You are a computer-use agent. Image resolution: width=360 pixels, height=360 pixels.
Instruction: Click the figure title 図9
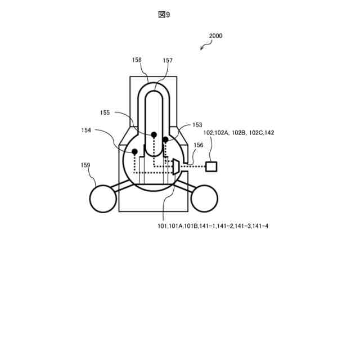click(164, 15)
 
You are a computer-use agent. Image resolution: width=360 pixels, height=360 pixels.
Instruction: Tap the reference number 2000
click(215, 35)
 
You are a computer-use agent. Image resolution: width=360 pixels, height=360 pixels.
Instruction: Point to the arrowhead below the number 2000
click(202, 48)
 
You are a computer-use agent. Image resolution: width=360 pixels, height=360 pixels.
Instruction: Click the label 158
click(137, 60)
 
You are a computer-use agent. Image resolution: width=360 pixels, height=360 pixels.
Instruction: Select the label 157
click(168, 60)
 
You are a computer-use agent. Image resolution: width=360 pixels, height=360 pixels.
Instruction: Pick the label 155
click(105, 112)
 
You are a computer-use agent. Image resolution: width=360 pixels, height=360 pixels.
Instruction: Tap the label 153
click(197, 125)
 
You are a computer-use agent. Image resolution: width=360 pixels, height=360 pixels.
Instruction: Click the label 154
click(86, 130)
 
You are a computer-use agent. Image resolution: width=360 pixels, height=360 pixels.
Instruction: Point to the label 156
click(198, 145)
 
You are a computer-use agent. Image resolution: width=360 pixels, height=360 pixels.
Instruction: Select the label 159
click(85, 165)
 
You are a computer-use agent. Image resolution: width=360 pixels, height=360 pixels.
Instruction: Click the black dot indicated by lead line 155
click(154, 135)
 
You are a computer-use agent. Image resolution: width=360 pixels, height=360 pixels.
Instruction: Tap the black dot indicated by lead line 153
click(166, 139)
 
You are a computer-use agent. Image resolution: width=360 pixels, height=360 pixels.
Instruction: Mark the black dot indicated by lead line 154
click(135, 152)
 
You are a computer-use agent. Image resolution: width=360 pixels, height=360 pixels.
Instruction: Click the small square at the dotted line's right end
click(211, 166)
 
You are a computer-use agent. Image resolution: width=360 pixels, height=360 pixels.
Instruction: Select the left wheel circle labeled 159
click(103, 198)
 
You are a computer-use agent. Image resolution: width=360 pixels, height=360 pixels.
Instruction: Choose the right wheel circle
click(204, 198)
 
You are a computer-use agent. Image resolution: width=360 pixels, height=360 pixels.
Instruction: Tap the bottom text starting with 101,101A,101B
click(213, 226)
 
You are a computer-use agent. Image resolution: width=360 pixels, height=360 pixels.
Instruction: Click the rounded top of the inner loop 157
click(155, 94)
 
